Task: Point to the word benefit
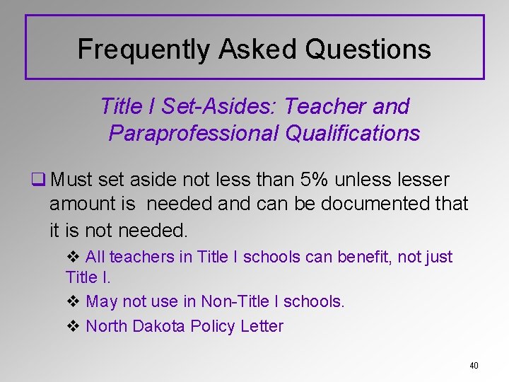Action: [363, 257]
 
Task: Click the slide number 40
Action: [474, 366]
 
